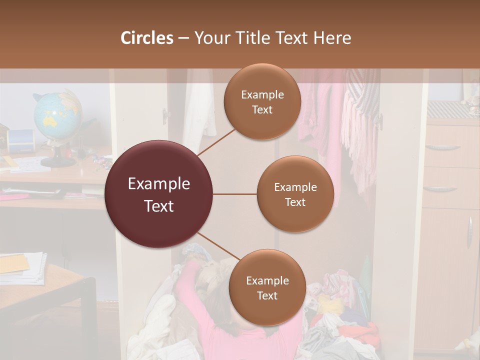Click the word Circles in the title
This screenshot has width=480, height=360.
pos(147,38)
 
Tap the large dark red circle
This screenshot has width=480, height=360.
pos(158,194)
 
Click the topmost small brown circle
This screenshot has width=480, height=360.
pos(262,101)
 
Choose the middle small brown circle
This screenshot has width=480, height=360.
pos(295,194)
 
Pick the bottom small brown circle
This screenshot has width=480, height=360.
pos(267,287)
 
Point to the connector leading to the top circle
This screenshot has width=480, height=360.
pos(216,142)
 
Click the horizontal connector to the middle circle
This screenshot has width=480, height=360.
pos(235,194)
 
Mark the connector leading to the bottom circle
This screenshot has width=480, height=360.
pos(218,247)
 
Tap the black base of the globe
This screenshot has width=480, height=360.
pos(58,161)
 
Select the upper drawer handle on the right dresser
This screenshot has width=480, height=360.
pos(442,147)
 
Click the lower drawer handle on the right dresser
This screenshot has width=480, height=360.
pos(440,189)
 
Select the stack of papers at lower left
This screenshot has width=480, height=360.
pos(22,267)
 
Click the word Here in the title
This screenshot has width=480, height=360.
pos(331,38)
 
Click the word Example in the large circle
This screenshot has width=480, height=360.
pos(158,184)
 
